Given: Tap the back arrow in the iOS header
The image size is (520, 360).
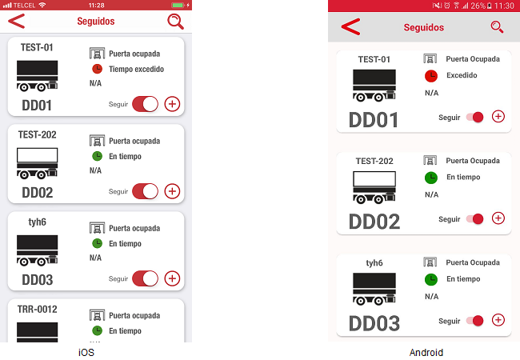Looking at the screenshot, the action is pos(17,22).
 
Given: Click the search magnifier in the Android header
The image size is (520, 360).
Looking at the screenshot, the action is pos(497,27).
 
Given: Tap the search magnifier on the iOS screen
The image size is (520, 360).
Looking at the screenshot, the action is pos(175,22).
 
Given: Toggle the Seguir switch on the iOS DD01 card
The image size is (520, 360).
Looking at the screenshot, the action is pos(145,104).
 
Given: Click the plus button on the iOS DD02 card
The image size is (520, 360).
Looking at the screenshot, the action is pos(172,191).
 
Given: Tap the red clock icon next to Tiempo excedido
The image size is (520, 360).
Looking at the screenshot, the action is pos(97,69).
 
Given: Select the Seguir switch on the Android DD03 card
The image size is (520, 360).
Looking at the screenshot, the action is pos(475,321).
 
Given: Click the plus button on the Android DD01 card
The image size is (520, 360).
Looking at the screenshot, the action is pos(498,116).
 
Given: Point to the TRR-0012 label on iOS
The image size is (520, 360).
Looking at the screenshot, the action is pos(37,310).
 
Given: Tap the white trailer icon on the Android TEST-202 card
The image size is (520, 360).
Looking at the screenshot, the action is pos(374,187).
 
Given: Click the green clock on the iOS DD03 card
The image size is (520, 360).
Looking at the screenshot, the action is pos(97,243).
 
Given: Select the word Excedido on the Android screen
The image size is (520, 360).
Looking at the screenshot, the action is pos(462,75).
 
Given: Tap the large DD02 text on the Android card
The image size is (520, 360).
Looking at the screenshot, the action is pos(374,222).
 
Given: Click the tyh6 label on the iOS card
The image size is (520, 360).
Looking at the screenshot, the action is pos(37,222).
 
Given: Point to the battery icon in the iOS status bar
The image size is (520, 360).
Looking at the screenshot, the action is pos(178,5).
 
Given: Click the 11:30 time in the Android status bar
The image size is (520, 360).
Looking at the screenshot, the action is pos(504,6).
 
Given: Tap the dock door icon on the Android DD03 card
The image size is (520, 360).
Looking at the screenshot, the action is pos(430,262).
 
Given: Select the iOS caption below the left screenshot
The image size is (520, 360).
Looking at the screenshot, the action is pos(86,352).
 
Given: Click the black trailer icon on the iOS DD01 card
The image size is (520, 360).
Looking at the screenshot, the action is pos(37,76).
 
